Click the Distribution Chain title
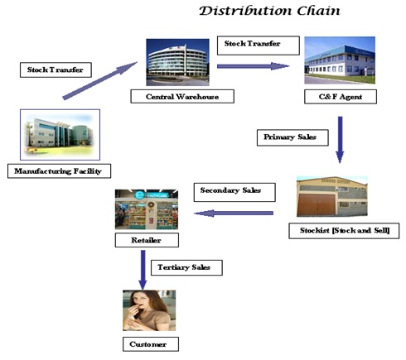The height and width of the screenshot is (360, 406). pos(269,11)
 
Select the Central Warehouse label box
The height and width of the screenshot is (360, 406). pos(182,96)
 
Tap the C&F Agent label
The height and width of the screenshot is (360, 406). pos(341,97)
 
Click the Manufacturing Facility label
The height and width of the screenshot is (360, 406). pos(59,171)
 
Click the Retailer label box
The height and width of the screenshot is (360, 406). pos(147,240)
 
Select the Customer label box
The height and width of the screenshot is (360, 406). pos(151,344)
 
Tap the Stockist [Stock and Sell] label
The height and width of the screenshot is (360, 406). pos(344,231)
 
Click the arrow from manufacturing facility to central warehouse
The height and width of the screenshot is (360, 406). pos(100,80)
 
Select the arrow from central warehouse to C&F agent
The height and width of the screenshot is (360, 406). pos(253,66)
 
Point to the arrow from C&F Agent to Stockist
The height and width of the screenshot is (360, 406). pos(340,140)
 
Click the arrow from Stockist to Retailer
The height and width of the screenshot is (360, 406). pos(234,214)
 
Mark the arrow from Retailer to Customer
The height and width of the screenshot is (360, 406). pos(143,270)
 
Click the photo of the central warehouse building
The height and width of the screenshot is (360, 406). pos(177,62)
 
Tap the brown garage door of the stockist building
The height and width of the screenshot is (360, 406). pos(317,204)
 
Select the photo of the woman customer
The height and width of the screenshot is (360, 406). pos(149,310)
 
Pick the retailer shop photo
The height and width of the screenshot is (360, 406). pos(147,209)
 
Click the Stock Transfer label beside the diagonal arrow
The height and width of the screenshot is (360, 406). pos(56,70)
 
